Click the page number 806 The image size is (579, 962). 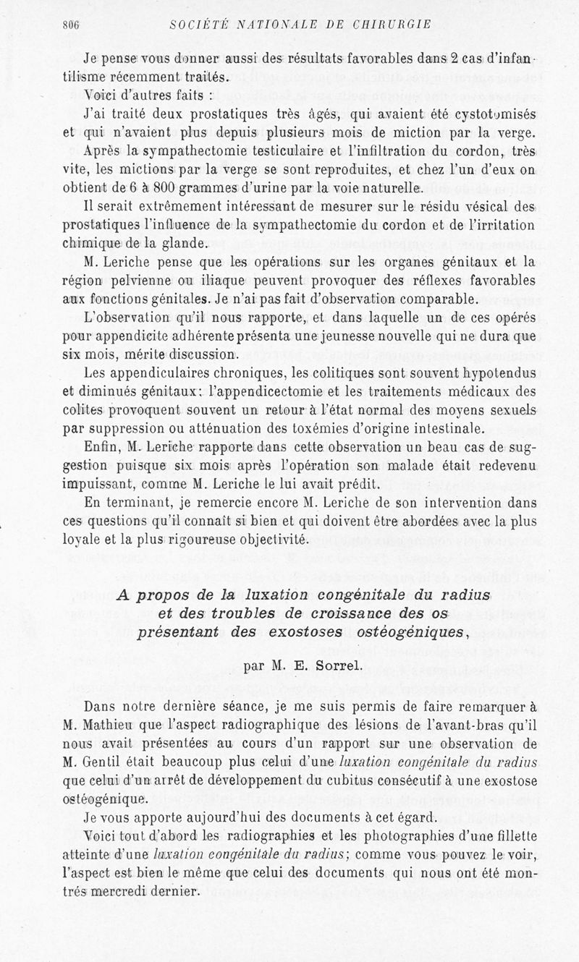[x=70, y=24]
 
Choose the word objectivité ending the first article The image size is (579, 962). [x=268, y=540]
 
